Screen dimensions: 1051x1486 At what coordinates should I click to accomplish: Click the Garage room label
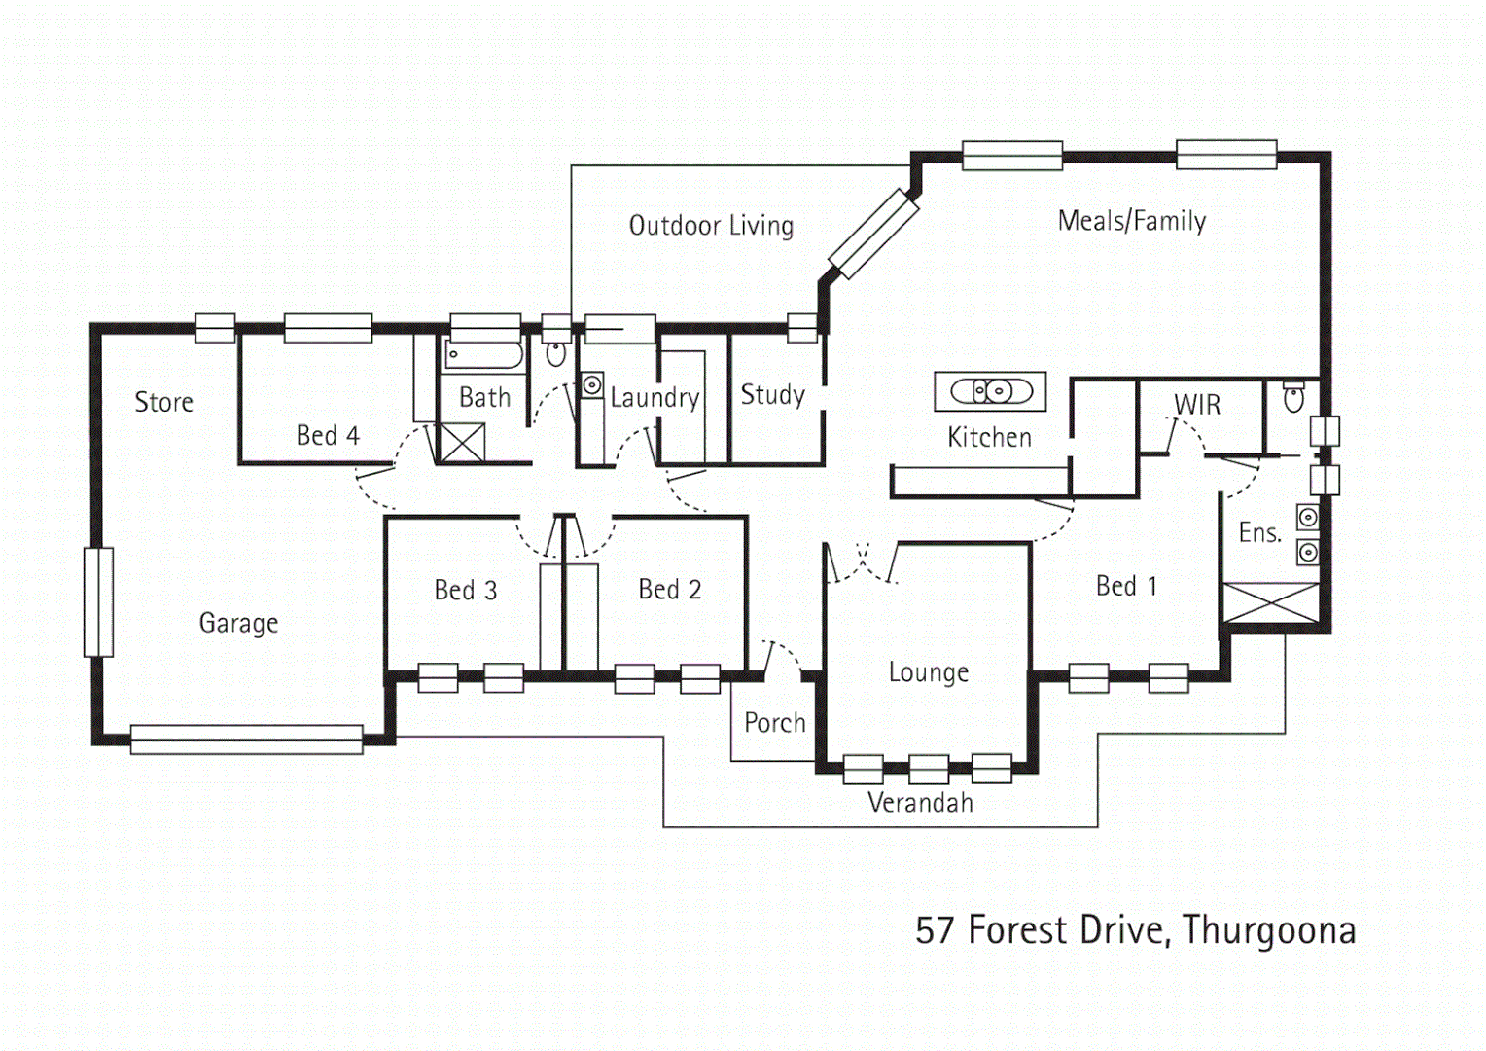238,623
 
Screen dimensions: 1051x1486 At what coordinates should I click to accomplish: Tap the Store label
163,402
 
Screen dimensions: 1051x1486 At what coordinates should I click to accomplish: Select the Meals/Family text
1132,221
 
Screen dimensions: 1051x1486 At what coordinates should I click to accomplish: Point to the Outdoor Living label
711,226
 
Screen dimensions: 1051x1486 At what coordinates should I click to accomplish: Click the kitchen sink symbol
990,391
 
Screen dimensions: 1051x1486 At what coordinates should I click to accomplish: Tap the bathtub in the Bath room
484,354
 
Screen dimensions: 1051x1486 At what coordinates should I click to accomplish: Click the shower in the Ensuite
1270,602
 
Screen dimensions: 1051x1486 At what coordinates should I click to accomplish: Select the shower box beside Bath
462,443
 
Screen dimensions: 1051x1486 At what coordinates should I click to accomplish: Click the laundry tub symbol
591,385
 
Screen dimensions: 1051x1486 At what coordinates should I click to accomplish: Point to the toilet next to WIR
1293,397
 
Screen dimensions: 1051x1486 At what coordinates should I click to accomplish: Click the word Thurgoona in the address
1269,930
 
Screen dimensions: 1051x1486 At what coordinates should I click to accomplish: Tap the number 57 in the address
935,930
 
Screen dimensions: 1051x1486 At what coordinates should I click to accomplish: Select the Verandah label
920,803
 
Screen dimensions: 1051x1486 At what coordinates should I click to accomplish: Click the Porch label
775,723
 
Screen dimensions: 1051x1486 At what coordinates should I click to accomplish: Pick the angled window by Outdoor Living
873,235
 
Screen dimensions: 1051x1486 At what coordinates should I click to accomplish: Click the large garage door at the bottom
246,740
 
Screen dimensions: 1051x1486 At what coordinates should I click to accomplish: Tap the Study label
772,395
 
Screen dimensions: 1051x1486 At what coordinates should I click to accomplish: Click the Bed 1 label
1126,586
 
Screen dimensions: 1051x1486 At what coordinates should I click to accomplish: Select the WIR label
1197,405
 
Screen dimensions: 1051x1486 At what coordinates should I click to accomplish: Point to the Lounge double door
862,564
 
